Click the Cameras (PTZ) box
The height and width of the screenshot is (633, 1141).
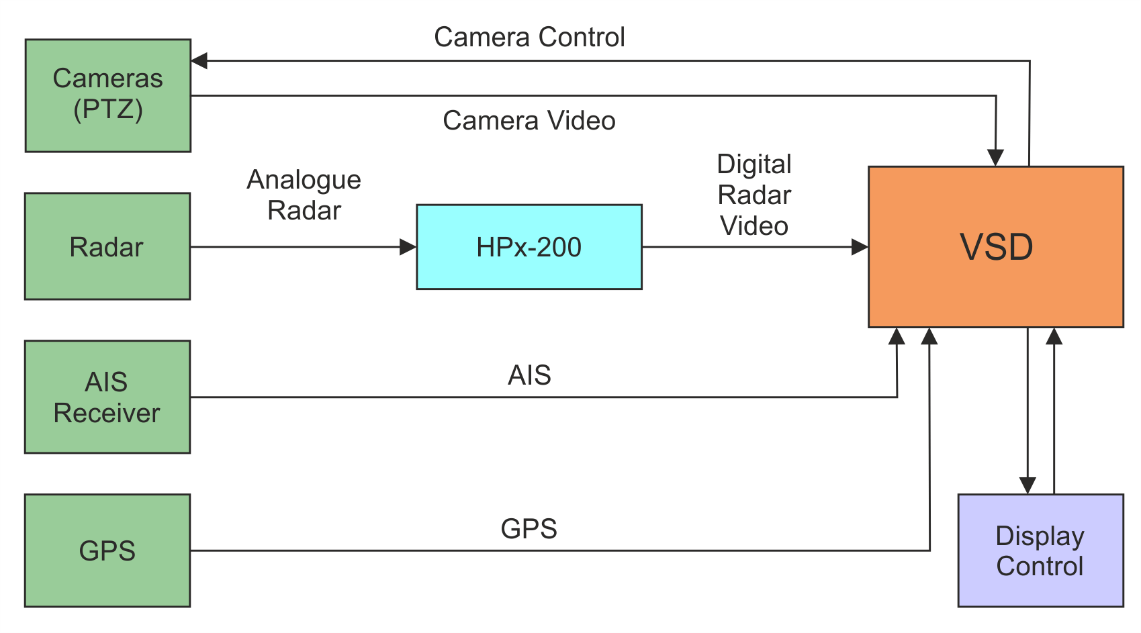[x=107, y=95]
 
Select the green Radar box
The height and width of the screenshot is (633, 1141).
[x=107, y=246]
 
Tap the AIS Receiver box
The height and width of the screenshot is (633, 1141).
[x=107, y=397]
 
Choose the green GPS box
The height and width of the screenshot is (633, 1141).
[x=107, y=550]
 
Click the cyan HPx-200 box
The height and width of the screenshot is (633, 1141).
[x=529, y=247]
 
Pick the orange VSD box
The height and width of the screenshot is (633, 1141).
[x=995, y=247]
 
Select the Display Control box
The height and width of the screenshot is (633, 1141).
[x=1040, y=550]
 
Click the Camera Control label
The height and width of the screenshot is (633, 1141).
[x=529, y=38]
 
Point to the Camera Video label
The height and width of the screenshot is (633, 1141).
[x=529, y=121]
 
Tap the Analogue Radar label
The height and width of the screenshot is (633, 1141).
[x=304, y=195]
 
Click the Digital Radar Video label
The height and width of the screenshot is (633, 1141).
[x=754, y=195]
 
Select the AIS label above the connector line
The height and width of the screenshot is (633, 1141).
[x=529, y=375]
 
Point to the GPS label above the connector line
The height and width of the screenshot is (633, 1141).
[x=529, y=529]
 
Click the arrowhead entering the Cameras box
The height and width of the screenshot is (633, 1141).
[x=199, y=61]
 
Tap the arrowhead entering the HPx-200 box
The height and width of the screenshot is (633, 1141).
[x=408, y=247]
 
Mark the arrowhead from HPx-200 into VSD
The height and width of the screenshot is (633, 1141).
[x=860, y=247]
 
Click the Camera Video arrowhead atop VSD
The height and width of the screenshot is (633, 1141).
[x=995, y=158]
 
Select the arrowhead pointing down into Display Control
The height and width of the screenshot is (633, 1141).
[x=1028, y=485]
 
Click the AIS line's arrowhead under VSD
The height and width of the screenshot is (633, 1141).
[x=897, y=336]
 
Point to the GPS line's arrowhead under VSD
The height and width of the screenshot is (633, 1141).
[x=929, y=336]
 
